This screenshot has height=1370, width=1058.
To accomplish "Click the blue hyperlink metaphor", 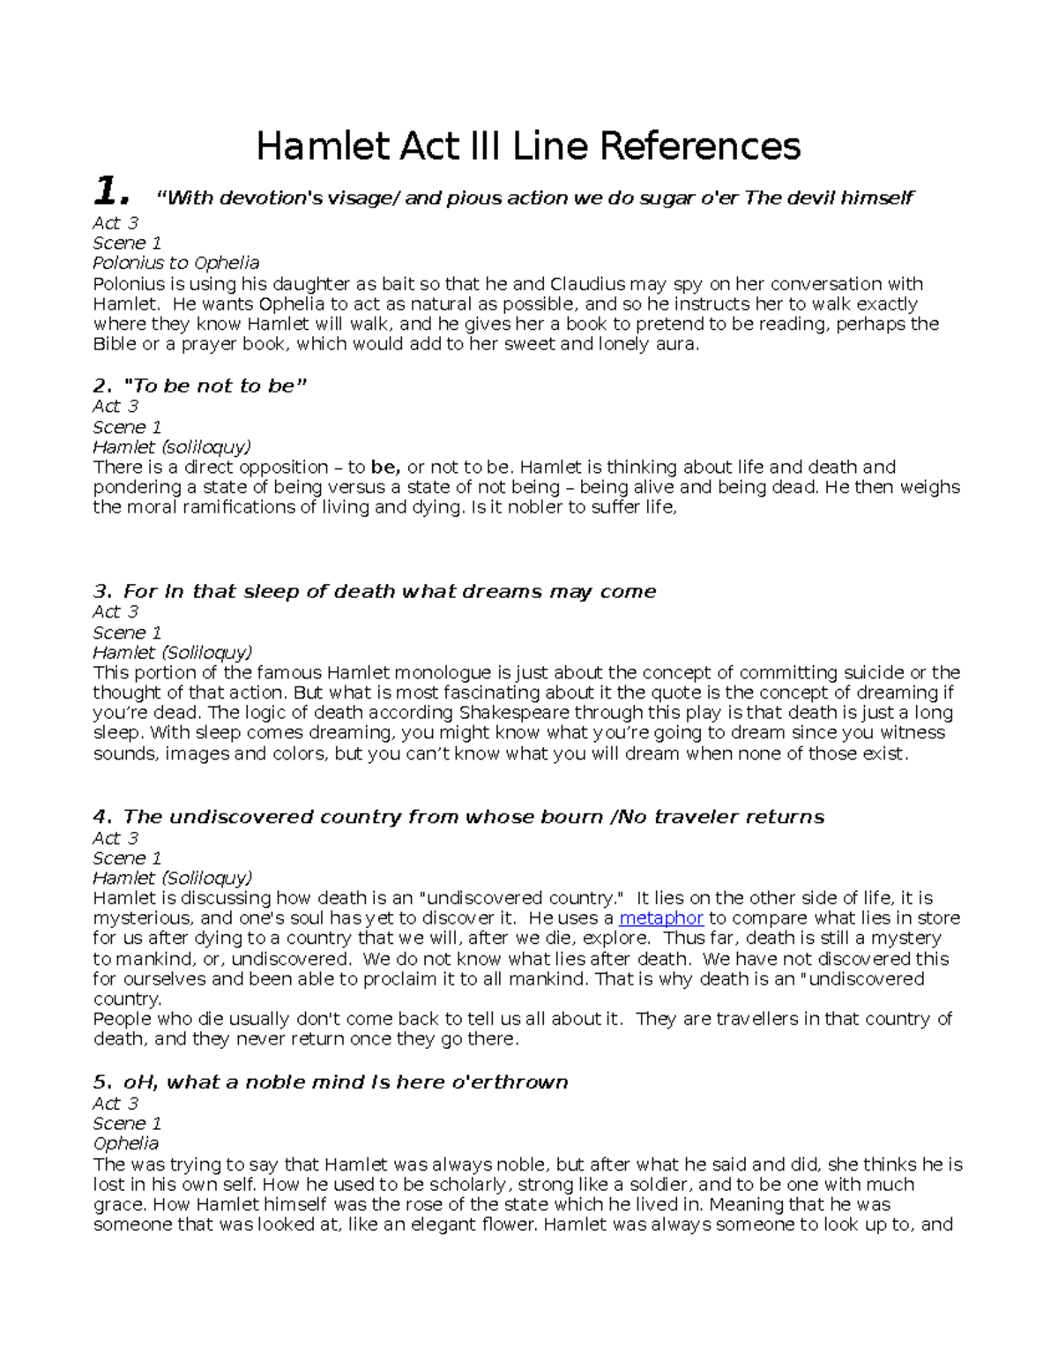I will pyautogui.click(x=661, y=918).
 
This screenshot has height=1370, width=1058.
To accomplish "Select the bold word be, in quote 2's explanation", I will pyautogui.click(x=385, y=467).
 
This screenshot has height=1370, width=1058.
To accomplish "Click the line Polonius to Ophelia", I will pyautogui.click(x=176, y=263).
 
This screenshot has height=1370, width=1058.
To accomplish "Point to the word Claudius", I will pyautogui.click(x=588, y=284).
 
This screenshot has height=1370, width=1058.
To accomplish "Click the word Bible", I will pyautogui.click(x=115, y=344).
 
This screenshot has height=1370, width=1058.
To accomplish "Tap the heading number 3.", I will pyautogui.click(x=101, y=591).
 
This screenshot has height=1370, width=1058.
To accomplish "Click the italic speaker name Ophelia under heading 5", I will pyautogui.click(x=126, y=1143).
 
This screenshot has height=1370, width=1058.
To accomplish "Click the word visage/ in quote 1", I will pyautogui.click(x=363, y=198).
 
